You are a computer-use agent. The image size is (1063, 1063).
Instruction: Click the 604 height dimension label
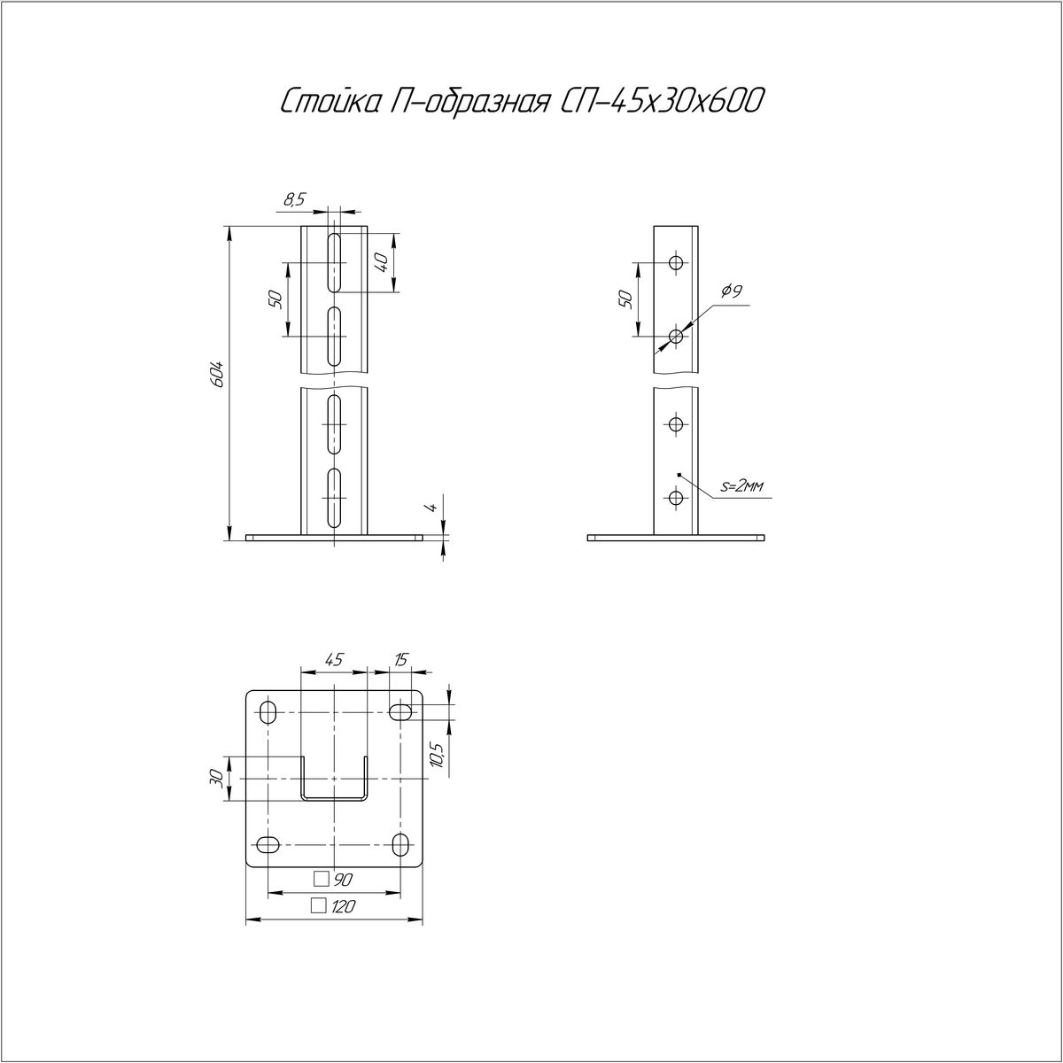[218, 374]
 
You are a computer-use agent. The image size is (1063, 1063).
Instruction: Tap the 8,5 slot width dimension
[294, 199]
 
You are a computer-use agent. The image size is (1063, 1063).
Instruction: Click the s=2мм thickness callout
[742, 486]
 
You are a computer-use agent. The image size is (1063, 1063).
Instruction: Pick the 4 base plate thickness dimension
[433, 507]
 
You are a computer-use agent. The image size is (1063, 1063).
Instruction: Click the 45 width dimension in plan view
[334, 659]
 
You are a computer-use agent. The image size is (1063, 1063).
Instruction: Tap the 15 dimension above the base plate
[401, 659]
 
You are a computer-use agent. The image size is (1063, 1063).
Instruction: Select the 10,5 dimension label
[437, 755]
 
